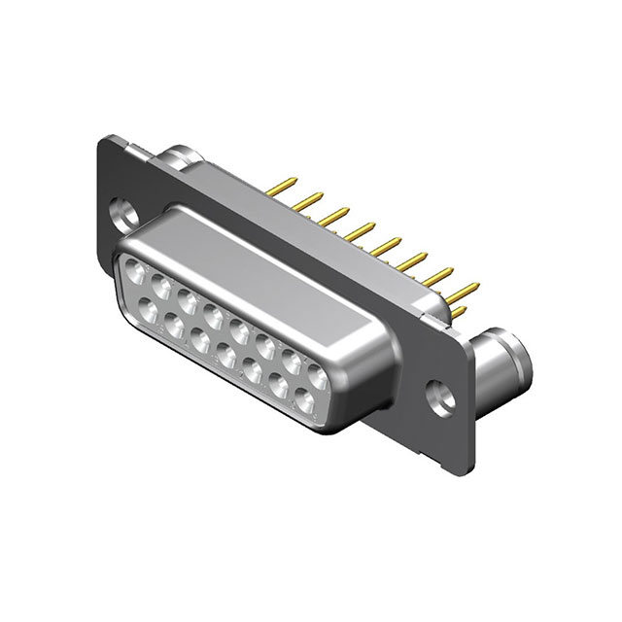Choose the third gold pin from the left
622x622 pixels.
click(337, 215)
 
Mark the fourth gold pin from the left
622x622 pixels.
click(363, 229)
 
